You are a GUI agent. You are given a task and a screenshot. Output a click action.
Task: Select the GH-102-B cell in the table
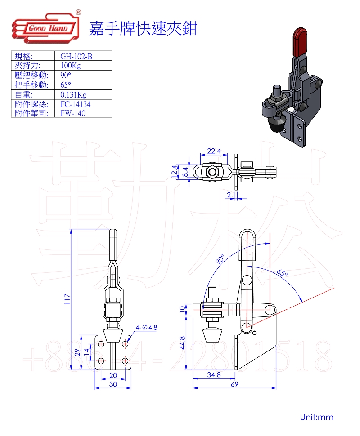76,56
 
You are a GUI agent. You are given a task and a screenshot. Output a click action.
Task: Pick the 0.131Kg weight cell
73,94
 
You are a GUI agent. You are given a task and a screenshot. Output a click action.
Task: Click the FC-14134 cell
76,104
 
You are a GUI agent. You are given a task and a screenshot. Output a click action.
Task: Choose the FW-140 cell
73,113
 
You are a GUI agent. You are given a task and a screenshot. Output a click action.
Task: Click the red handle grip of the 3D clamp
300,41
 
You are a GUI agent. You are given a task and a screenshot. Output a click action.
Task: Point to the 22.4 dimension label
214,151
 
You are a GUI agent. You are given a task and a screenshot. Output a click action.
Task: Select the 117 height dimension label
67,300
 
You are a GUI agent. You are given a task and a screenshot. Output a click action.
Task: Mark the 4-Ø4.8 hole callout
146,328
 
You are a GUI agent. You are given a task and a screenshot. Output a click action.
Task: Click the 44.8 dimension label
182,345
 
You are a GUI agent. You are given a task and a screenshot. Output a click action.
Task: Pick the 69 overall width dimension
234,384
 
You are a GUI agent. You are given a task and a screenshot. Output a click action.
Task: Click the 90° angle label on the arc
220,259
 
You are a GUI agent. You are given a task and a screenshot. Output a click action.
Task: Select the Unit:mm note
317,417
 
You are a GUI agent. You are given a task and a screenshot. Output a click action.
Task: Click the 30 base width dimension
112,384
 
